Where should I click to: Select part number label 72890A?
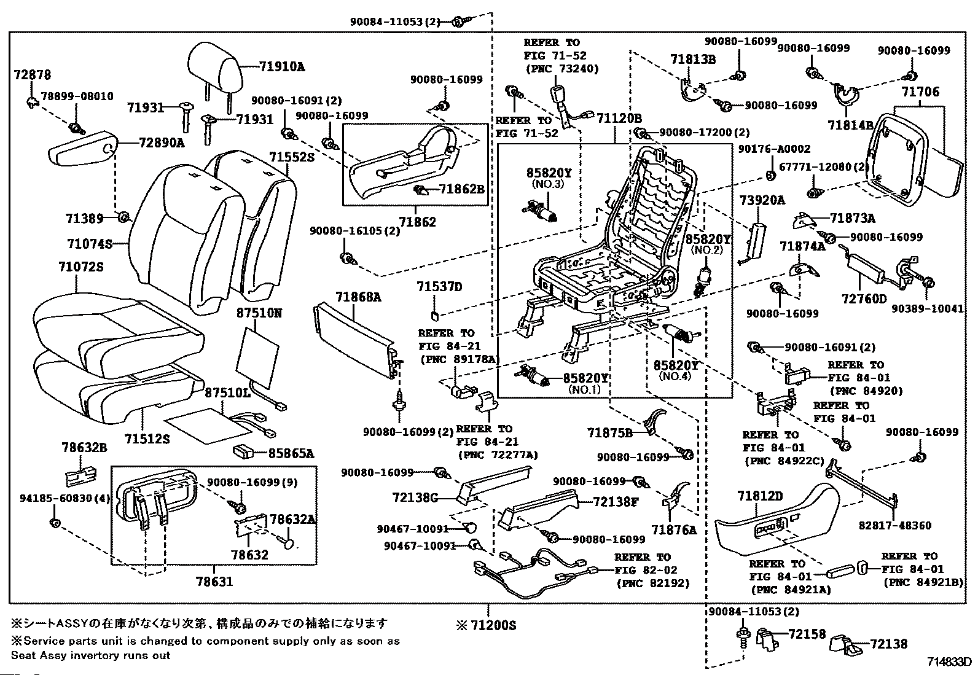(x=162, y=142)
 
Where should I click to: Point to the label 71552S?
(x=291, y=157)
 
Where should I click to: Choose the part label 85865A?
(x=291, y=454)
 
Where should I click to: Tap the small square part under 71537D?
(x=434, y=314)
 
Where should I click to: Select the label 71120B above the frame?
(x=619, y=119)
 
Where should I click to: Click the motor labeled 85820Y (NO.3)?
(x=541, y=211)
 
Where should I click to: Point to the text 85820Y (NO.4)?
(x=675, y=370)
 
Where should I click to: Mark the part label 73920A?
(x=762, y=200)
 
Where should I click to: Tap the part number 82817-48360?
(x=895, y=526)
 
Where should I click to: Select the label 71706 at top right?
(x=920, y=92)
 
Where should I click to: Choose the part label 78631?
(x=214, y=582)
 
